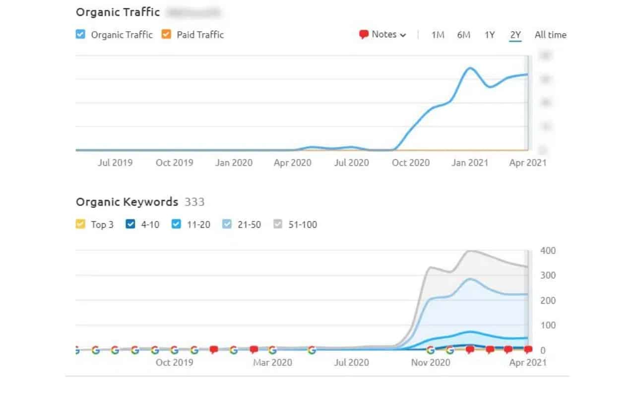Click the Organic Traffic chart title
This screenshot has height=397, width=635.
(118, 12)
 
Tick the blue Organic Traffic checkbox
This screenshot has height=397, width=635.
(81, 35)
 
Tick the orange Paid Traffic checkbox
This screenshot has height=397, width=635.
(166, 35)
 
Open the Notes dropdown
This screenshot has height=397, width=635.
(383, 35)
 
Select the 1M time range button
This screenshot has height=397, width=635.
(438, 35)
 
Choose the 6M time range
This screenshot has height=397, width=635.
(464, 35)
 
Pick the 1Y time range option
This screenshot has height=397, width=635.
(490, 35)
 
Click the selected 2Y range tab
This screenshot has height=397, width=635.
(515, 35)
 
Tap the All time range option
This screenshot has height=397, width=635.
(550, 35)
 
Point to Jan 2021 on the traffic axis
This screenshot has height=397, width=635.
(469, 163)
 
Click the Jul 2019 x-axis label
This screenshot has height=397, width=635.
(115, 163)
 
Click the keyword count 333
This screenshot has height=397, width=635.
(194, 202)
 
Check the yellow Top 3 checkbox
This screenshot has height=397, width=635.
(81, 224)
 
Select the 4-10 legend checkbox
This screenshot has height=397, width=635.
(131, 224)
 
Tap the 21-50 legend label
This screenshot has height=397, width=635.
(249, 224)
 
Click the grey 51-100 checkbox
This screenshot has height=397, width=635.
(278, 224)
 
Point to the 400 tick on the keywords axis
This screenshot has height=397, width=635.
(548, 251)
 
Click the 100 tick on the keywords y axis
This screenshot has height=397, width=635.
(548, 326)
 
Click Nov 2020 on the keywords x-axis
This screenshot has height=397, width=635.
(431, 363)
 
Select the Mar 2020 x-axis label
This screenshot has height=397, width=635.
(272, 363)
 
